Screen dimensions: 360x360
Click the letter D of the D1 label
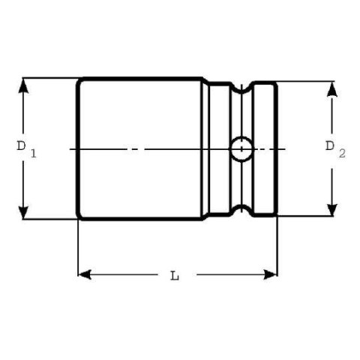[x=22, y=145]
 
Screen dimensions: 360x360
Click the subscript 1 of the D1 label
[x=34, y=154]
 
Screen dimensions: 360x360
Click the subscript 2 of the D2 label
[x=342, y=154]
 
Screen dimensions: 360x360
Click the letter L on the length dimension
[x=175, y=275]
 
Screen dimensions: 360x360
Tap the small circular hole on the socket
[x=241, y=148]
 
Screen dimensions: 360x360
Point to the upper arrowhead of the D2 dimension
[x=331, y=88]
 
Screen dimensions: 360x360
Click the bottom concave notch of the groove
[x=241, y=210]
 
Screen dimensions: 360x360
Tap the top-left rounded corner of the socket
[x=80, y=80]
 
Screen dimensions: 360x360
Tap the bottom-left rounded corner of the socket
[x=80, y=217]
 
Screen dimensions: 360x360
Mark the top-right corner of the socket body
[x=275, y=82]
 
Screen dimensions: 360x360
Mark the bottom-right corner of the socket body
[x=275, y=215]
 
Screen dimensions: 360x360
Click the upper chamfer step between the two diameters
[x=206, y=80]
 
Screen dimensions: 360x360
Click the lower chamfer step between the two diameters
[x=205, y=217]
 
